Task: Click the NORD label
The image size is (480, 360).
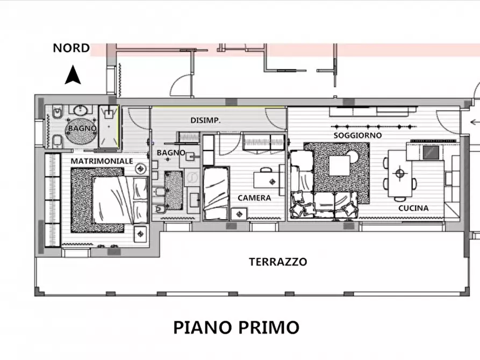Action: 71,48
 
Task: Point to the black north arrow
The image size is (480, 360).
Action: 73,75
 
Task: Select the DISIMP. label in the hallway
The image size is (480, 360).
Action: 205,120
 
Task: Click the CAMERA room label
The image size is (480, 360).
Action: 254,198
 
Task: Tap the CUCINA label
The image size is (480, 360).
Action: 413,208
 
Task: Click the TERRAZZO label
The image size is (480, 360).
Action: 278,262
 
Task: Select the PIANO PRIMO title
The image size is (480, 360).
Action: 236,327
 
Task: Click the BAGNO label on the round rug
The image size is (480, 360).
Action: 82,129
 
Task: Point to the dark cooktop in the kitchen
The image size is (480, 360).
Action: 431,153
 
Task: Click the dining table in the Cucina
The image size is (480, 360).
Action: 399,174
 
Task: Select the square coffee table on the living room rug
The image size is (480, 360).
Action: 340,165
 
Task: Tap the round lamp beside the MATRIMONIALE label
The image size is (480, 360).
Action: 141,168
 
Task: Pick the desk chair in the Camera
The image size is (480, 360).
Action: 282,180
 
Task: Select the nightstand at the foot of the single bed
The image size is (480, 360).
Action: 238,213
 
